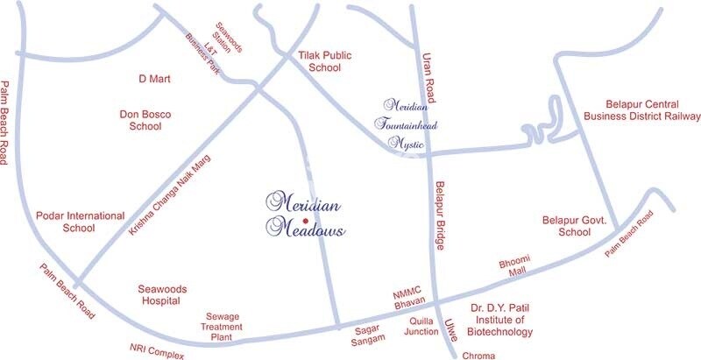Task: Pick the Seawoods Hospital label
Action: click(159, 294)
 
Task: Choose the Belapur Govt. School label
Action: click(575, 227)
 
